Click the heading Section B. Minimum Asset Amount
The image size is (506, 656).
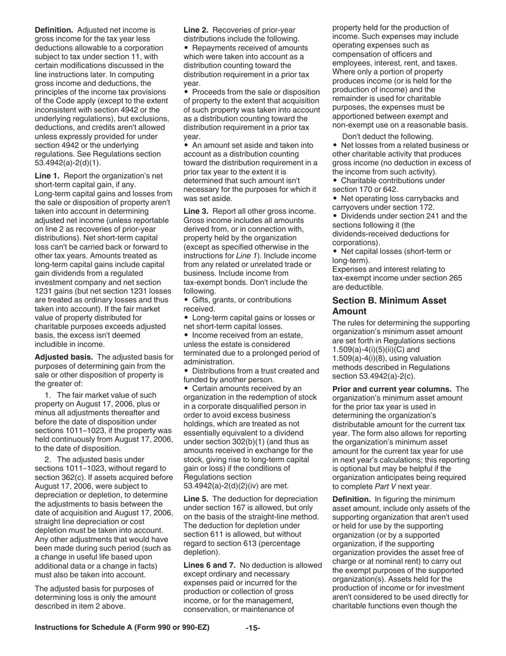point(389,306)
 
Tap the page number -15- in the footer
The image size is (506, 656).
point(252,628)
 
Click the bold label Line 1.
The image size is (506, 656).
point(47,175)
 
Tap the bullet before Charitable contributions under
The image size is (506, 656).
point(334,181)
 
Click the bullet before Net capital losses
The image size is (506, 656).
point(334,252)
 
